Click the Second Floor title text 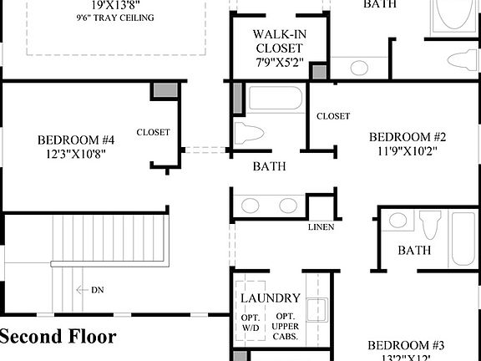(58, 337)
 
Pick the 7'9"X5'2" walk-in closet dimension (278, 63)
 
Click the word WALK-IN (278, 34)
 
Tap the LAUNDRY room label (271, 298)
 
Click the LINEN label (321, 227)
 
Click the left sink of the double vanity (249, 205)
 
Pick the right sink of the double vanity (288, 205)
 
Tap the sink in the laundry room (316, 310)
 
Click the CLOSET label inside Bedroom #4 (153, 132)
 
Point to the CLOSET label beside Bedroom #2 (333, 116)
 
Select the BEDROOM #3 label (407, 345)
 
